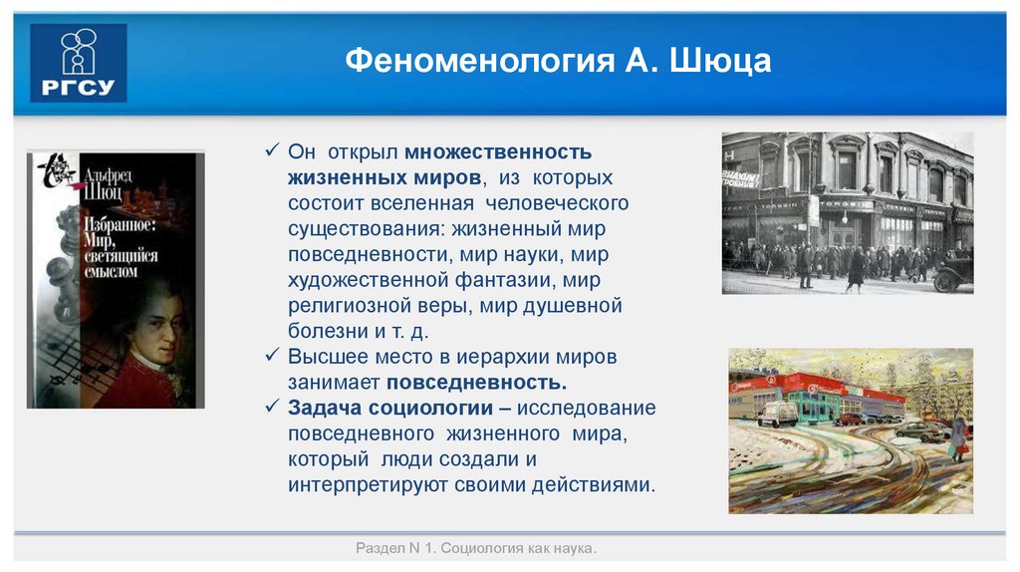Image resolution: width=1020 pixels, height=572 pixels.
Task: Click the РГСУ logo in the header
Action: tap(78, 63)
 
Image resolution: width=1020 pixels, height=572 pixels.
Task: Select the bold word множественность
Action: tap(498, 151)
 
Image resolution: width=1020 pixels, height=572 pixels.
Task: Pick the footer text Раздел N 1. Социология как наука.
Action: tap(476, 549)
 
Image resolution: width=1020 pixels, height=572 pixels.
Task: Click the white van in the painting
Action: tap(777, 414)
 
